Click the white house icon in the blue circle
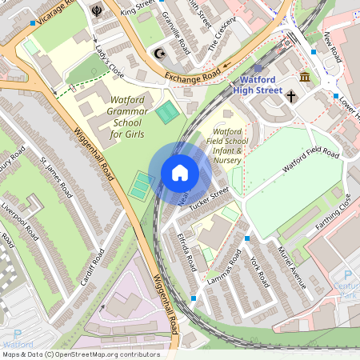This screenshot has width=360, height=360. pyautogui.click(x=180, y=173)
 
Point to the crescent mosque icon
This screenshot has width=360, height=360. pyautogui.click(x=158, y=54)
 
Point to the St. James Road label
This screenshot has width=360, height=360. pyautogui.click(x=56, y=179)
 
